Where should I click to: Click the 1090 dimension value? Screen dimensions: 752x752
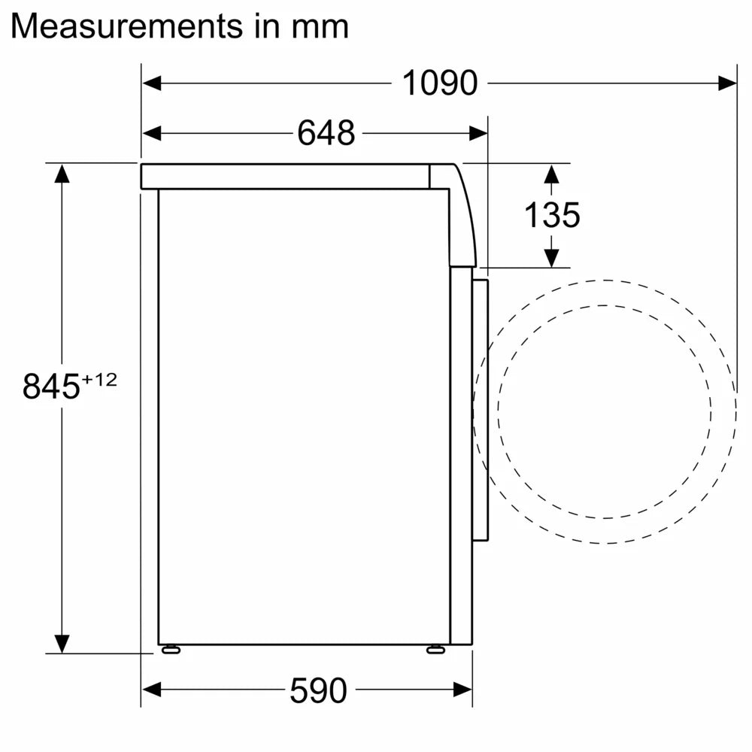pos(440,83)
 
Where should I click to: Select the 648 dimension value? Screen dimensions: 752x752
pos(326,134)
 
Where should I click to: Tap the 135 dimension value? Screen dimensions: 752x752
pos(552,216)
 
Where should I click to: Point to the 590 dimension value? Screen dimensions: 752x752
pos(318,690)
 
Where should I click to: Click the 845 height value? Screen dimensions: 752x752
pos(50,387)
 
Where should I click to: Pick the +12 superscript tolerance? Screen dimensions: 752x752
pos(99,379)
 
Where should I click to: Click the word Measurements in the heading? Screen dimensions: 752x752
pos(124,26)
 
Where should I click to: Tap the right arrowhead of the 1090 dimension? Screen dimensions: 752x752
pos(727,83)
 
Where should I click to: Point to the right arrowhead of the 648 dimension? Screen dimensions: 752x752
pos(478,134)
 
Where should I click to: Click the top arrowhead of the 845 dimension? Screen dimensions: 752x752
pos(62,173)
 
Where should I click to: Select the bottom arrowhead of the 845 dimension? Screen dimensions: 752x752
pos(62,643)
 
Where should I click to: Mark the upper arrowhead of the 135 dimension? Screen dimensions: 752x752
pos(552,174)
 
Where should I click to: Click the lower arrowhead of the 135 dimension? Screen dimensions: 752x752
pos(552,257)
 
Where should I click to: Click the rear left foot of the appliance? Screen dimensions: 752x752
pos(170,650)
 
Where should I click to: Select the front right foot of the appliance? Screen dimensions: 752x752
pos(435,650)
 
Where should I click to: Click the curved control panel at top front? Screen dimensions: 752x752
pos(460,218)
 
